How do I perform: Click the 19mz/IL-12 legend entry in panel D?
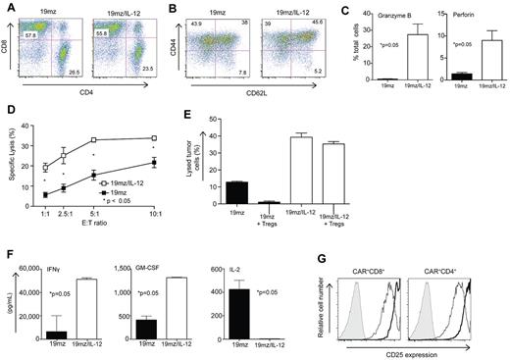coord(151,210)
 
